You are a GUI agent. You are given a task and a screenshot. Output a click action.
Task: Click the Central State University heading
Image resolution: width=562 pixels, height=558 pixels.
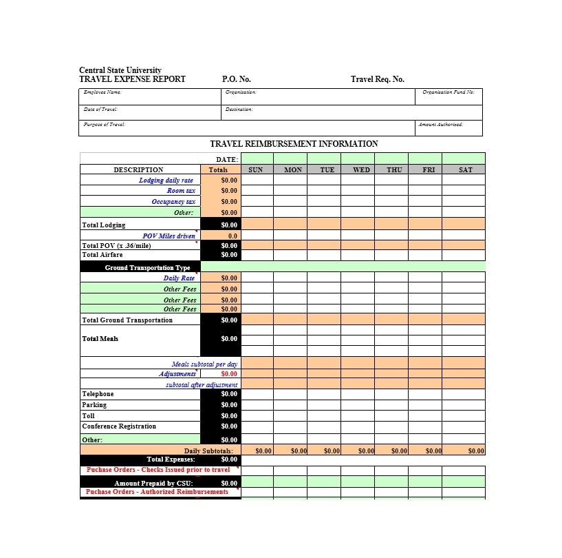click(120, 70)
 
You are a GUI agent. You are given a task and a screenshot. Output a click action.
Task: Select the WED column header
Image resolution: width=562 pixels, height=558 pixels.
click(361, 169)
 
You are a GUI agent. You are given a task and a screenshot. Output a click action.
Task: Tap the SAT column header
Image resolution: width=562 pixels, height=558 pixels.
click(466, 169)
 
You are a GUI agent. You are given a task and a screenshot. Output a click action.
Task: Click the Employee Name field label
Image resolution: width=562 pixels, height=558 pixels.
click(102, 92)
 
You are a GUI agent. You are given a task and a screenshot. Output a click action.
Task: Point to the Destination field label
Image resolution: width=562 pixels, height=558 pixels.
click(239, 110)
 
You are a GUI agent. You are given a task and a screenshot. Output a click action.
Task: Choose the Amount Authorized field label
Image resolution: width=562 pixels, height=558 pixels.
click(440, 125)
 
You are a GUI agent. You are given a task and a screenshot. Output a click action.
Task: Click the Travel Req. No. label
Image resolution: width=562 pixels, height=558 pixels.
click(377, 79)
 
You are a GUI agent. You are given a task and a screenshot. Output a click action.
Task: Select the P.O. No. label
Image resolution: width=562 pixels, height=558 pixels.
click(236, 79)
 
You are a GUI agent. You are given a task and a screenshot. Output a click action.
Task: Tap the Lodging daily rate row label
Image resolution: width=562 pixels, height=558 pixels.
click(166, 180)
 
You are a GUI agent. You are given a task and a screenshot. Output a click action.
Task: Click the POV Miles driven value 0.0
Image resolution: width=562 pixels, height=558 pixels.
click(233, 236)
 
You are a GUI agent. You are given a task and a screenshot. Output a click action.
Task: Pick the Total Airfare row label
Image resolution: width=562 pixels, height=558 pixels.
click(102, 255)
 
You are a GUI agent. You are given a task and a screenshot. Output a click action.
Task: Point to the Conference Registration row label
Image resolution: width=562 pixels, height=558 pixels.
click(119, 426)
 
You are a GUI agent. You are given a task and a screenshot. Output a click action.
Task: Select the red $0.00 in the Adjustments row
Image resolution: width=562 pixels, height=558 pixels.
click(228, 374)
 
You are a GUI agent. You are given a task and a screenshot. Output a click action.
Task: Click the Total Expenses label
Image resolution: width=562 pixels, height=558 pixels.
click(171, 459)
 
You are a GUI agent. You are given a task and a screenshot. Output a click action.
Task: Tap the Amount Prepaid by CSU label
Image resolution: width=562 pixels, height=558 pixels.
click(153, 483)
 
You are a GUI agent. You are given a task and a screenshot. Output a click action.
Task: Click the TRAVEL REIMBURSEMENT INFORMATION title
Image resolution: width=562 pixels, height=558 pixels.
click(294, 144)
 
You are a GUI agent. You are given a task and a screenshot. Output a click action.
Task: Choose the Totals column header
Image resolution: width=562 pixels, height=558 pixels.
click(218, 169)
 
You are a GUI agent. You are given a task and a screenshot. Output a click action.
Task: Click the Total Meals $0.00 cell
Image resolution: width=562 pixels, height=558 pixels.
click(229, 339)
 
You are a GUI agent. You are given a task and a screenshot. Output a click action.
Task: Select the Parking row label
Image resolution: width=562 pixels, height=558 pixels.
click(94, 405)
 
